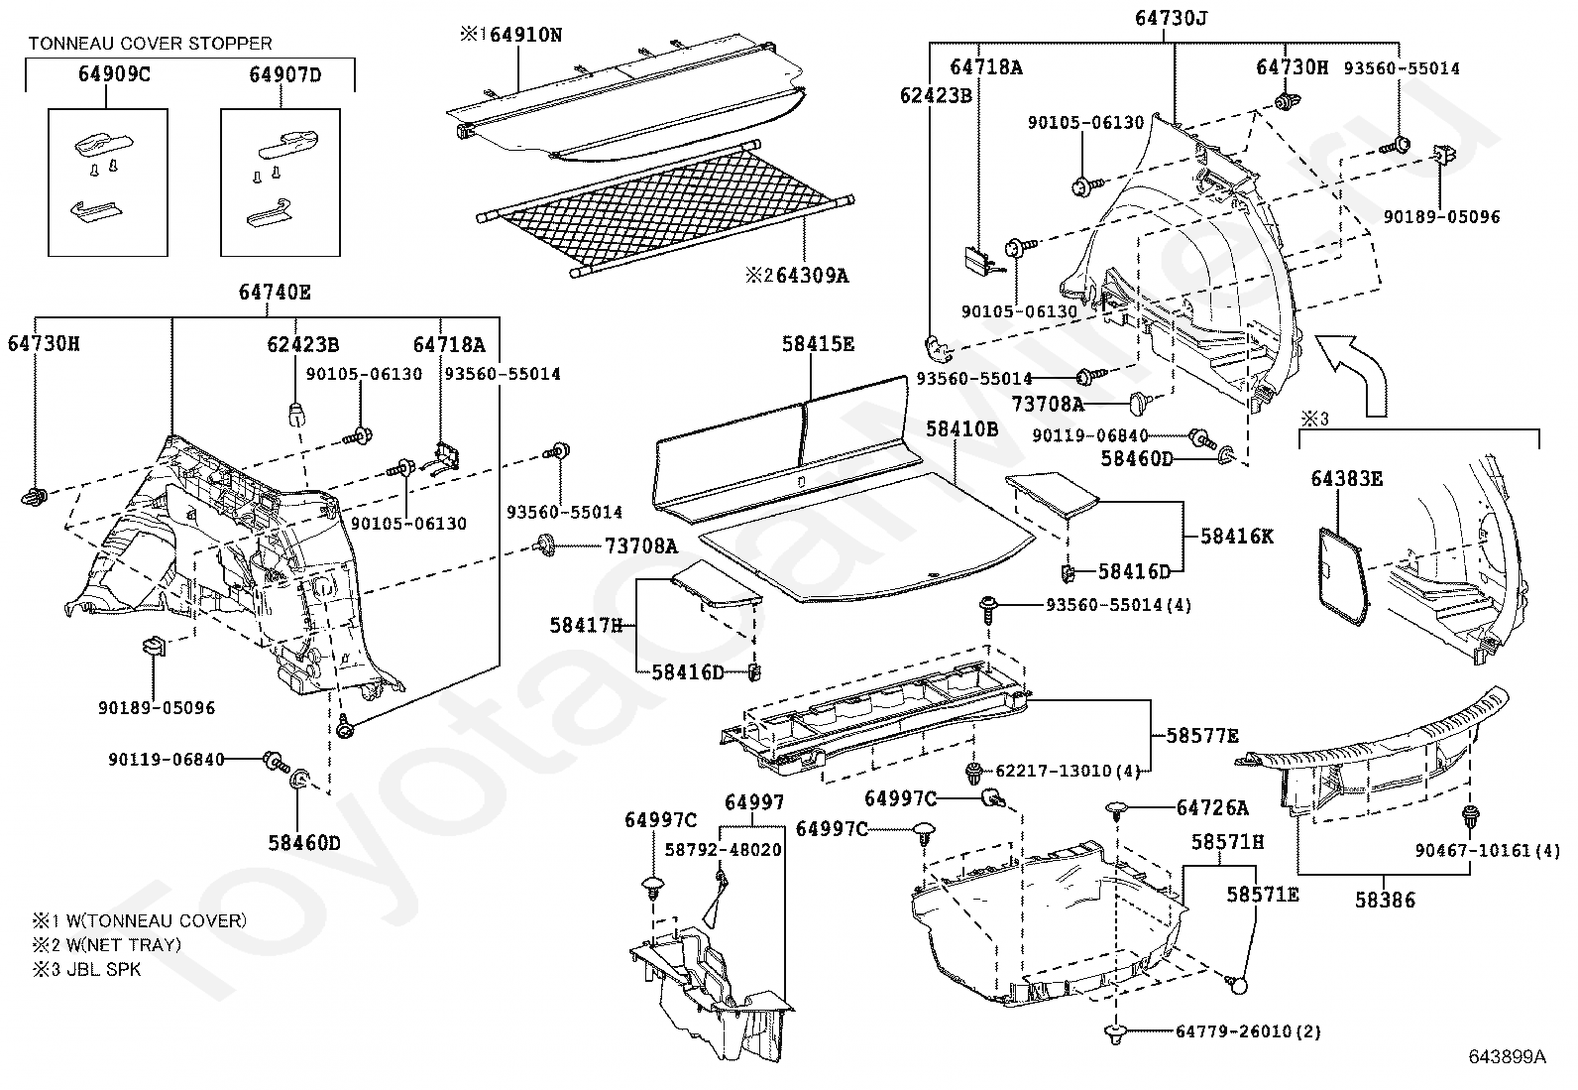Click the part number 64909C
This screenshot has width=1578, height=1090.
[114, 74]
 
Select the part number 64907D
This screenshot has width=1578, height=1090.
[285, 74]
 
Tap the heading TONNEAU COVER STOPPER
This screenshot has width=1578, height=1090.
[150, 44]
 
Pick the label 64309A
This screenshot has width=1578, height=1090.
[811, 276]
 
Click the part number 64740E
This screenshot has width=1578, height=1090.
[275, 292]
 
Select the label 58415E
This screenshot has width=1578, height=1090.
[818, 344]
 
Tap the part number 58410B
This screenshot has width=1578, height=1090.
[961, 428]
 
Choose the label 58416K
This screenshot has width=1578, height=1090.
[1236, 536]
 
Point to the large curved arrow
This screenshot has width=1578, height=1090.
[1358, 372]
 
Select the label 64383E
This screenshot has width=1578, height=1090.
[1346, 479]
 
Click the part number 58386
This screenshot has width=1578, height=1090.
[1385, 901]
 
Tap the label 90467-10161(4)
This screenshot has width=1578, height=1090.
[1487, 850]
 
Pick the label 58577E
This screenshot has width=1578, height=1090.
[1202, 736]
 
